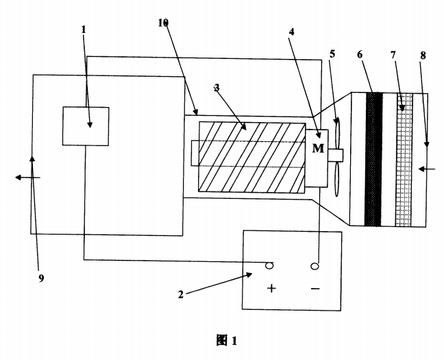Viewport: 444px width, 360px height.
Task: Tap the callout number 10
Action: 162,23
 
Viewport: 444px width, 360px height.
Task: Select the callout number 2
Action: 181,295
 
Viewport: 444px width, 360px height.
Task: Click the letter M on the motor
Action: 318,149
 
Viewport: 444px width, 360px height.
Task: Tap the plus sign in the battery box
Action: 271,288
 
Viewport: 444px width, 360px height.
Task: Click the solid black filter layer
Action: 373,159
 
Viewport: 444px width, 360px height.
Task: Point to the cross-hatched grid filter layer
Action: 404,159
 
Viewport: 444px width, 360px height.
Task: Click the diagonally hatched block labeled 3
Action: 251,158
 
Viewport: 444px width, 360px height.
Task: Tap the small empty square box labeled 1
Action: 86,125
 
